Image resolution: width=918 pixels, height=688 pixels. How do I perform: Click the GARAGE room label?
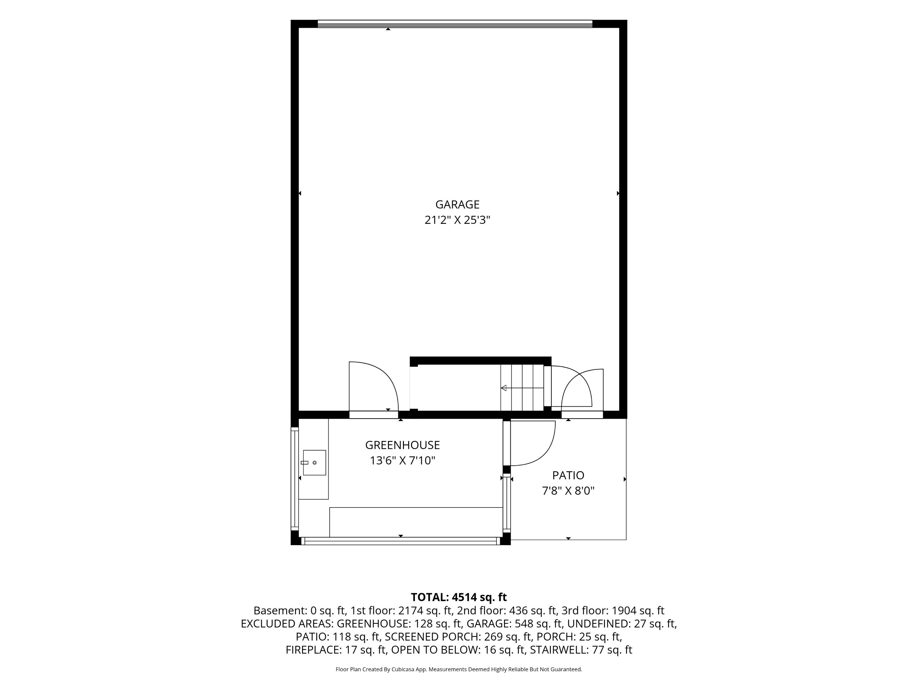(457, 205)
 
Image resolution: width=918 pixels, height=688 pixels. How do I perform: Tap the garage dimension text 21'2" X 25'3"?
(457, 220)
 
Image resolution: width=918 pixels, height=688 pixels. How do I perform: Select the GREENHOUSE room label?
(403, 445)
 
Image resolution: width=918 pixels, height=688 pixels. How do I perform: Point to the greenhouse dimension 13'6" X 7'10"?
(403, 460)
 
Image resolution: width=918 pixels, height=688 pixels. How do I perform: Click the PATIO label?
(568, 475)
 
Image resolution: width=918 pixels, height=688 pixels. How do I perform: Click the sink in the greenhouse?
(314, 462)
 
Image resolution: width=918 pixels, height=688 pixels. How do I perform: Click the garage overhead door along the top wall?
(455, 24)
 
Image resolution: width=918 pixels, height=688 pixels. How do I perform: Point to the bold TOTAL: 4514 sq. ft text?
(459, 597)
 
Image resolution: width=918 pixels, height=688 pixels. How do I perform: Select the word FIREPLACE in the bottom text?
(314, 650)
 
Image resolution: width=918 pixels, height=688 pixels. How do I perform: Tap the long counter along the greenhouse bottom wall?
(416, 522)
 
